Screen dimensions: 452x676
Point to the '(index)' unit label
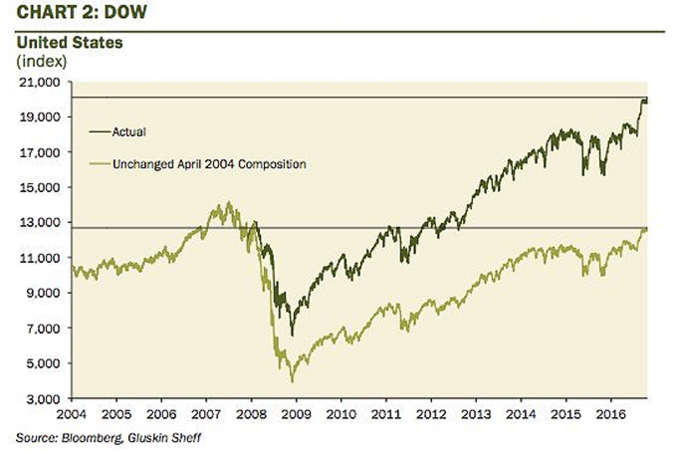[x=40, y=61]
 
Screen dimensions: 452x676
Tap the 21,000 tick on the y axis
[x=38, y=82]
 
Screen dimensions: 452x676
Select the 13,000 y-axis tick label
[x=38, y=223]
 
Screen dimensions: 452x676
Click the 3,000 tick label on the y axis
[x=41, y=399]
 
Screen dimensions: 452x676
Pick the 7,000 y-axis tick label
[x=41, y=329]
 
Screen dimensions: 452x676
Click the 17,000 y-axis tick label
[x=38, y=152]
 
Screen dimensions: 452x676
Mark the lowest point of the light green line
[x=292, y=381]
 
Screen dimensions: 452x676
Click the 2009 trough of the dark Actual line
[x=292, y=336]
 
